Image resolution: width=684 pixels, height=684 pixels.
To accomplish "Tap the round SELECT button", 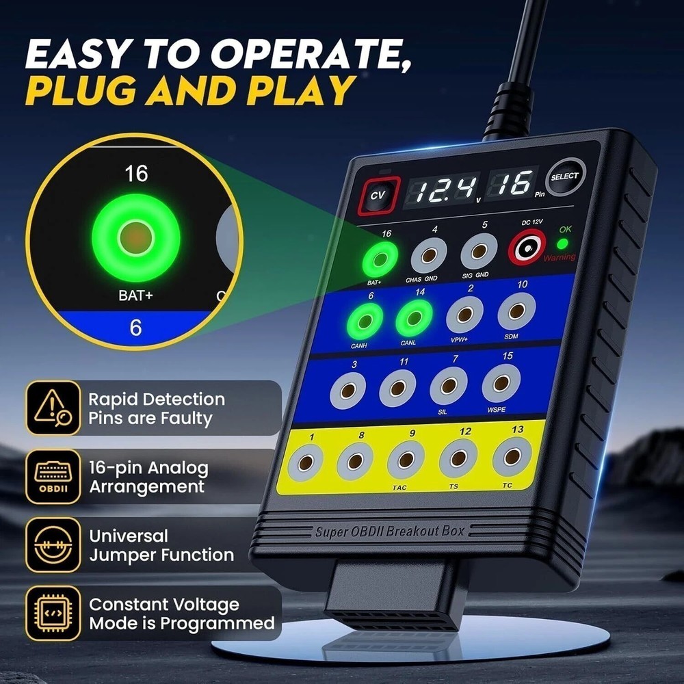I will [566, 177].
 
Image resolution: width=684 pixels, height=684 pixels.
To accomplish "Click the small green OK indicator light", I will [562, 244].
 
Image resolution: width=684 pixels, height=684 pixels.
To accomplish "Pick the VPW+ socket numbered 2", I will [464, 315].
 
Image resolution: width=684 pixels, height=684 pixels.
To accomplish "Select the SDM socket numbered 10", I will [516, 311].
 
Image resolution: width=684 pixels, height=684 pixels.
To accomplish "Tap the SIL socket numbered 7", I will [448, 386].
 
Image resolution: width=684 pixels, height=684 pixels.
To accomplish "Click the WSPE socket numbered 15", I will [501, 383].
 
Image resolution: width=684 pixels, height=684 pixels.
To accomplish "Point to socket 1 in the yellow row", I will [305, 464].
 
